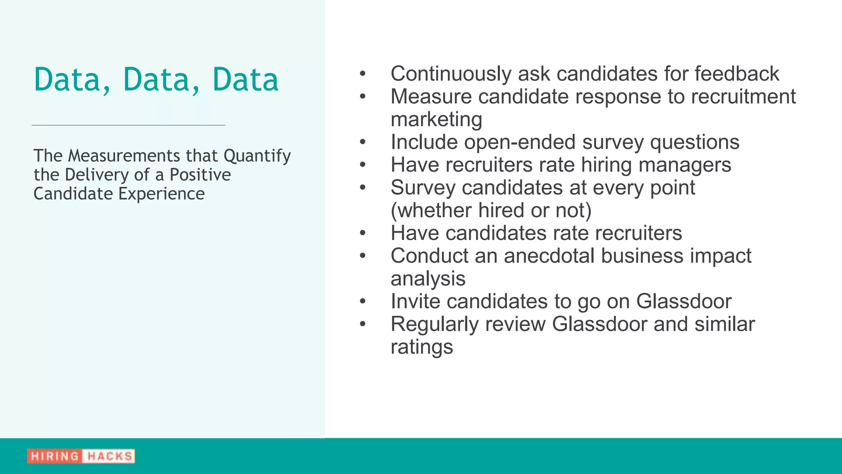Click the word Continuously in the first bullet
point(451,74)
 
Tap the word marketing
point(436,120)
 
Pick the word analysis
point(428,279)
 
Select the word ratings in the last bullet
point(421,347)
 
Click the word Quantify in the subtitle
point(257,156)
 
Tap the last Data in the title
point(245,79)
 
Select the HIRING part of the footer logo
point(55,456)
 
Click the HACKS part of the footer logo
point(110,456)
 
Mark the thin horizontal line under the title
point(128,125)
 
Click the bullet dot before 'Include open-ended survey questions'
point(362,142)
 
